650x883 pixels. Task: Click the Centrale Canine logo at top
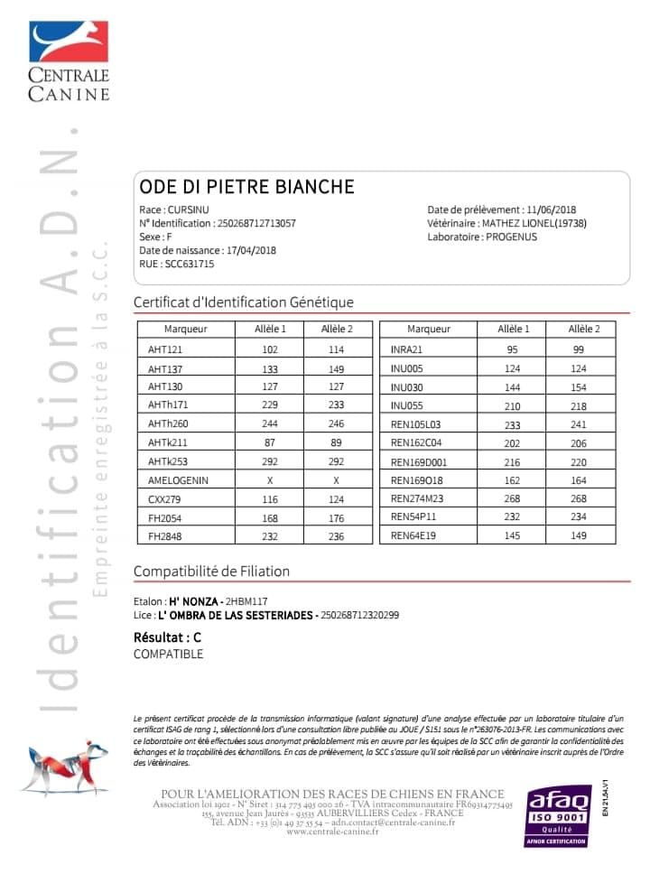[x=69, y=60]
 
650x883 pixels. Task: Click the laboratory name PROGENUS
[x=511, y=237]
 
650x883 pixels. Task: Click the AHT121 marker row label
[x=165, y=349]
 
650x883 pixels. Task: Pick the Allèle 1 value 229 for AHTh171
[x=270, y=404]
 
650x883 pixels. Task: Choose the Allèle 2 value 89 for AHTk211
[x=336, y=442]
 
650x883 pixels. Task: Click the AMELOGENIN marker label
[x=178, y=480]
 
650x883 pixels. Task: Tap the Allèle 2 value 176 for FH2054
[x=336, y=517]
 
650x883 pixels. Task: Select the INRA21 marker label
[x=406, y=349]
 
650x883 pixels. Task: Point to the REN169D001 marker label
[x=419, y=462]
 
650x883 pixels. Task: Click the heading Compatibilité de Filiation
[x=211, y=572]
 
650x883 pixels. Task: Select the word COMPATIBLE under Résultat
[x=168, y=655]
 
